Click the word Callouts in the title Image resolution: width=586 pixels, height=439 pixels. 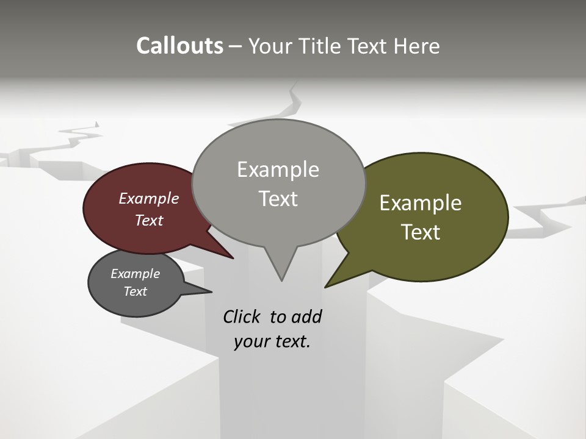point(179,46)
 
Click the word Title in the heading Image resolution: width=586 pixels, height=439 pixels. point(317,46)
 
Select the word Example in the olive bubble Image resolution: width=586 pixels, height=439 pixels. point(421,203)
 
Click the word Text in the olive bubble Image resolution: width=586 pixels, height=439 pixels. point(421,232)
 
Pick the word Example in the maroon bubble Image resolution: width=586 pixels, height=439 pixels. point(149,198)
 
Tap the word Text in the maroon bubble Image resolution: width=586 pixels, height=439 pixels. point(149,220)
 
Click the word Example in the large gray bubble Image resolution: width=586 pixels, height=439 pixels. point(278,170)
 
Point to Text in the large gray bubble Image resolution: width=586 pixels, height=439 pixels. point(278,199)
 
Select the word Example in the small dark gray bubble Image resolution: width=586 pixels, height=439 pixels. point(135,274)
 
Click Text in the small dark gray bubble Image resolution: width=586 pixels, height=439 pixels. point(135,291)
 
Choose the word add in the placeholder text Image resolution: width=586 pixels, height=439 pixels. point(306,316)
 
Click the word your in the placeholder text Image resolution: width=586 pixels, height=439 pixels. point(251,341)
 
